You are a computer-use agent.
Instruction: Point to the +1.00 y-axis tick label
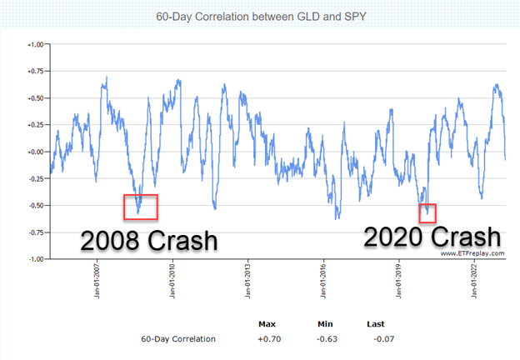point(33,45)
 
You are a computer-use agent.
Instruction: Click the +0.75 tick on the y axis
point(33,72)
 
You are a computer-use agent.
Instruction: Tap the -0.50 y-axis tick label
point(33,205)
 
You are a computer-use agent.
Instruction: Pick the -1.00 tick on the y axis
point(33,258)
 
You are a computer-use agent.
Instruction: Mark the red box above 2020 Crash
point(427,212)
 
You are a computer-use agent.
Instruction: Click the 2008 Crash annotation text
point(148,240)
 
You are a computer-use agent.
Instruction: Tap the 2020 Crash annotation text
point(432,237)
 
